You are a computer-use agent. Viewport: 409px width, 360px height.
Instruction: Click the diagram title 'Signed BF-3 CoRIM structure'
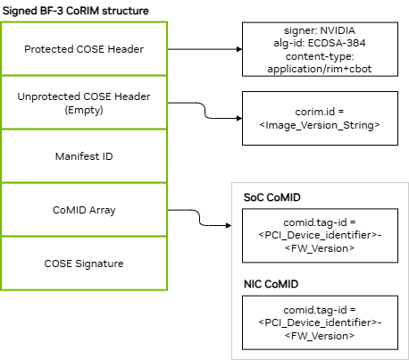click(x=76, y=11)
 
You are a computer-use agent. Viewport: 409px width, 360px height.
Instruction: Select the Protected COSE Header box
click(x=84, y=48)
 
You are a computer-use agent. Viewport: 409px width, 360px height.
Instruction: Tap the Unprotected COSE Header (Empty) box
click(x=84, y=103)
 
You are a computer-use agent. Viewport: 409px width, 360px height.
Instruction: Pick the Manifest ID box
click(x=84, y=156)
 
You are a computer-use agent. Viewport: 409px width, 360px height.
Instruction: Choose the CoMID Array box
click(x=84, y=210)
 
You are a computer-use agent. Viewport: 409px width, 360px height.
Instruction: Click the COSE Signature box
click(x=84, y=264)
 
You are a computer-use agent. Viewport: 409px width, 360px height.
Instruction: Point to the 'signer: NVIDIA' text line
click(x=320, y=30)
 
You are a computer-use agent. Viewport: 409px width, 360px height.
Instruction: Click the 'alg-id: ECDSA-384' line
click(x=320, y=43)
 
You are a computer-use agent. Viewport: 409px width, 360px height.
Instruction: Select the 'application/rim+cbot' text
click(x=320, y=69)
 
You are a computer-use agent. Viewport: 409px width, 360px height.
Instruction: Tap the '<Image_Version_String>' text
click(x=320, y=125)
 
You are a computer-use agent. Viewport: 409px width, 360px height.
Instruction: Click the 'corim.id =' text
click(x=320, y=112)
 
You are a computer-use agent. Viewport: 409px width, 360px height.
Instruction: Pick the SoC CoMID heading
click(x=272, y=197)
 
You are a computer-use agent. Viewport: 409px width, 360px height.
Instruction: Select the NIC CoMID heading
click(x=271, y=284)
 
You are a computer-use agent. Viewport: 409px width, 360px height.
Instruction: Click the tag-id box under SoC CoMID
click(x=320, y=236)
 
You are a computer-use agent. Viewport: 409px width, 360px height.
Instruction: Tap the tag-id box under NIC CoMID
click(x=320, y=322)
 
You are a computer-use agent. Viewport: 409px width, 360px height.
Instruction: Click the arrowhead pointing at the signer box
click(x=239, y=49)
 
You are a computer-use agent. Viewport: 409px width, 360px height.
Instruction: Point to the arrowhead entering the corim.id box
click(x=239, y=118)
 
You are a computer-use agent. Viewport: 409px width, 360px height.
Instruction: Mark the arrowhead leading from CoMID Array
click(x=229, y=225)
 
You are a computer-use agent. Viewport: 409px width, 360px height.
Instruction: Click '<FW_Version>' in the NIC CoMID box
click(x=320, y=336)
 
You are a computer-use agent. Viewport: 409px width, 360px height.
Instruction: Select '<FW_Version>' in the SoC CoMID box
click(x=320, y=248)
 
